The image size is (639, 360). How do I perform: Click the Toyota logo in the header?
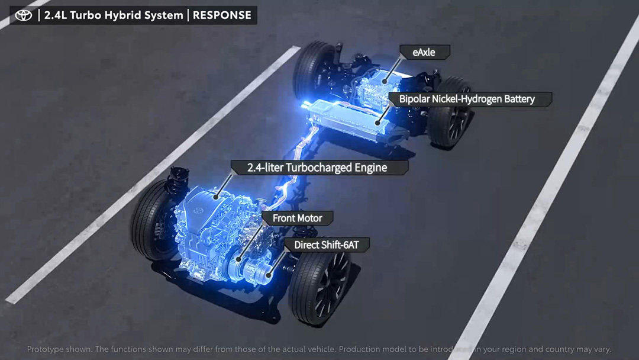[24, 15]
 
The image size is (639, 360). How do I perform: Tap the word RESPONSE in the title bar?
[222, 15]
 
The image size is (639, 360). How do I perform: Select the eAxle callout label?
[424, 52]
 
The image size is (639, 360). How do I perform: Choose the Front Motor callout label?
[297, 218]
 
